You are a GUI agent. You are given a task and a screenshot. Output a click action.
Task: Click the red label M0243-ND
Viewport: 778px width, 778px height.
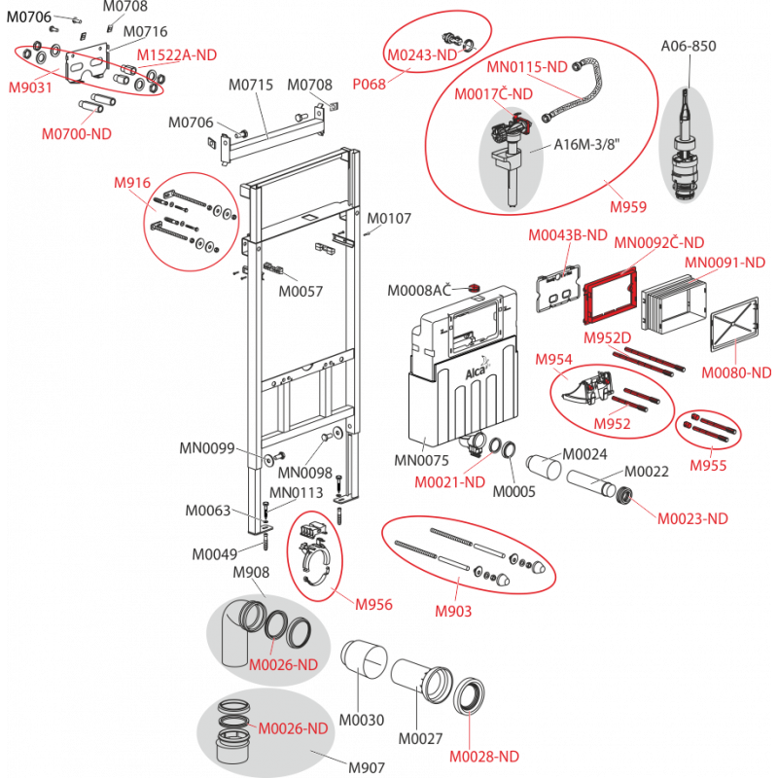[422, 55]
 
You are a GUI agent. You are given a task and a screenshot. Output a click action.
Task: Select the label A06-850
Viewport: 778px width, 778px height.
[689, 46]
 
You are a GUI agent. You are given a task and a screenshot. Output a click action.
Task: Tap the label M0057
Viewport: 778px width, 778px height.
[301, 291]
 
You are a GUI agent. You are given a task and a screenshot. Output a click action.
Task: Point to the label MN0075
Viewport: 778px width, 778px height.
[421, 460]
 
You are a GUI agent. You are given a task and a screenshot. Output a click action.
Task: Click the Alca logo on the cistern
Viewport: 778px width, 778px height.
[476, 371]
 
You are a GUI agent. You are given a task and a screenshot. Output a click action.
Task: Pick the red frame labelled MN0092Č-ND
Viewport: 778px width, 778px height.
[610, 296]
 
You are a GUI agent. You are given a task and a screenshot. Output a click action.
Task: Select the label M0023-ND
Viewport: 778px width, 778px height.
[692, 519]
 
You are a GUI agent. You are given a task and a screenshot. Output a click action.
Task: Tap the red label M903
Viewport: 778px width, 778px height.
[453, 612]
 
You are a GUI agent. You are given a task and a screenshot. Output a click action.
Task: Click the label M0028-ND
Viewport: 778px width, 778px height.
[483, 757]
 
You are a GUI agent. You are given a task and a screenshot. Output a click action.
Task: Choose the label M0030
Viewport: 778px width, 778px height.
[361, 720]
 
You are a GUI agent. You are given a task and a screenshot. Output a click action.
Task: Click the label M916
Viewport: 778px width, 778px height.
[132, 183]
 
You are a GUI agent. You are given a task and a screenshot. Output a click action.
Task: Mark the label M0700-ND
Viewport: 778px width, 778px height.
[77, 134]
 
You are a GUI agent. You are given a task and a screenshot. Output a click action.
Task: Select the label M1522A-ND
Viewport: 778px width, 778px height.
[177, 55]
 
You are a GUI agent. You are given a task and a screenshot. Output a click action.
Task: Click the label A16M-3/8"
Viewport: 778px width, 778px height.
[586, 144]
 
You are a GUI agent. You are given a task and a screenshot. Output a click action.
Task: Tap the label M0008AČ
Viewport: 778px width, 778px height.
[419, 290]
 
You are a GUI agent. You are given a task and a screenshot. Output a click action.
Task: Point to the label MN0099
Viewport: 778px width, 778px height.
[206, 448]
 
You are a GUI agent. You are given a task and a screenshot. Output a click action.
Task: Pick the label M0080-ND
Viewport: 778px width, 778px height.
[736, 372]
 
